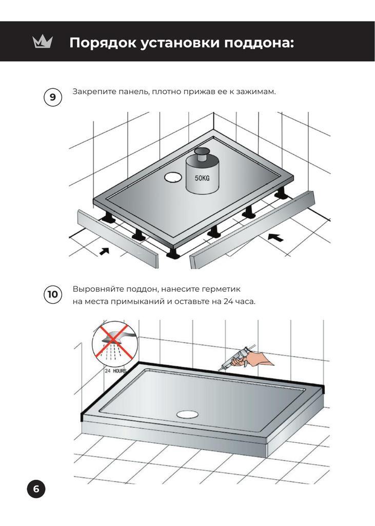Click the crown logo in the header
43,42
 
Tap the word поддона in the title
259,43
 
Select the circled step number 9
53,97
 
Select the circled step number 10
53,294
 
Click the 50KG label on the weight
202,178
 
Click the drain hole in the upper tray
173,177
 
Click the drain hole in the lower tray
188,414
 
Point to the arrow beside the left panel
104,251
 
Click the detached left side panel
118,239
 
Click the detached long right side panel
252,230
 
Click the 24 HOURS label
115,371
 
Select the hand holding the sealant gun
258,359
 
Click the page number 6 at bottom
36,489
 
